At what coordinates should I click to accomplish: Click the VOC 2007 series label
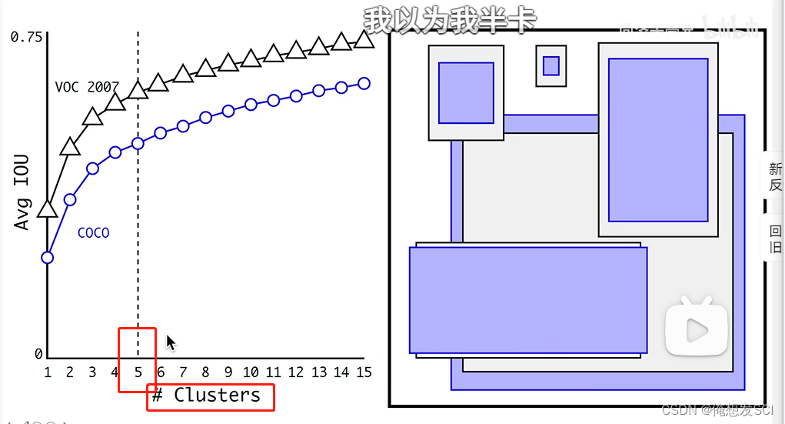pos(86,87)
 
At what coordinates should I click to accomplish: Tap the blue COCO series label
pos(93,232)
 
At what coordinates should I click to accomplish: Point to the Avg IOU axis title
pos(22,192)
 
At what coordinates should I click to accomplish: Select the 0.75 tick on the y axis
pos(27,37)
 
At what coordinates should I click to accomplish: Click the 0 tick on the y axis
pos(38,354)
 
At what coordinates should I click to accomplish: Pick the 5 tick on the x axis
pos(138,372)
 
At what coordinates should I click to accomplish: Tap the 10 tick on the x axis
pos(250,372)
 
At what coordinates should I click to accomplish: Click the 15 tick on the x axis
pos(364,372)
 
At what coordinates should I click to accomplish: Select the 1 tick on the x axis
pos(48,372)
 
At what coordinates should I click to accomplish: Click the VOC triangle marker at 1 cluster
pos(48,209)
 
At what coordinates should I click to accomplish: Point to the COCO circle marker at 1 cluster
pos(48,257)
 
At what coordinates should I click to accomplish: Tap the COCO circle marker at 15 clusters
pos(364,83)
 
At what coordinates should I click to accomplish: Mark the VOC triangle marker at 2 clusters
pos(70,146)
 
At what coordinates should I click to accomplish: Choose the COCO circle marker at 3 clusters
pos(92,168)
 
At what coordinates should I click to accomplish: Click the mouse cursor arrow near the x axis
pos(171,342)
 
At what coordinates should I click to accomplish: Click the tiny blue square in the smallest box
pos(550,66)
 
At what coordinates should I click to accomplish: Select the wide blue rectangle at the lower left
pos(527,299)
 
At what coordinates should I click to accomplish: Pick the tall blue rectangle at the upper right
pos(658,139)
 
